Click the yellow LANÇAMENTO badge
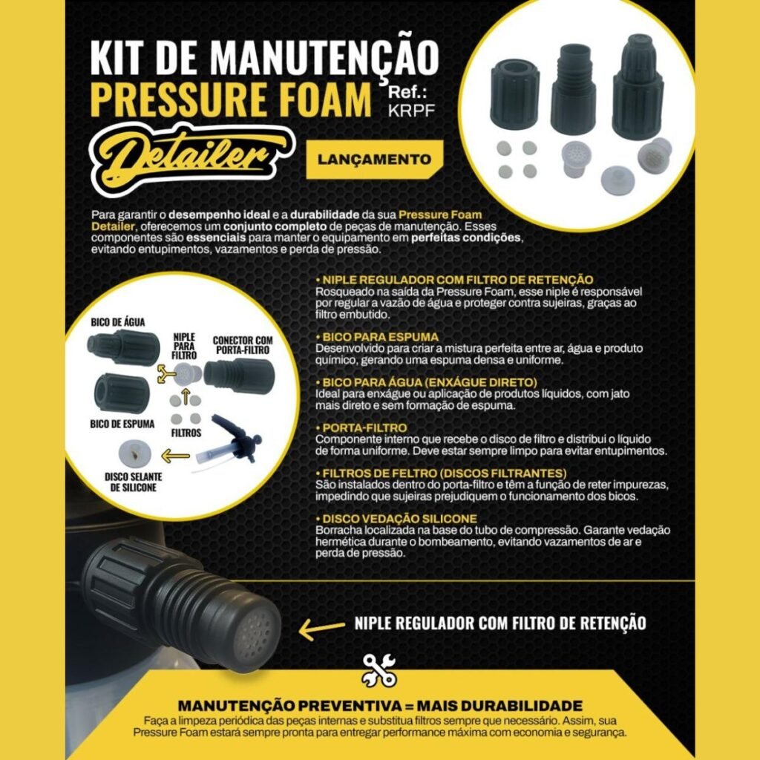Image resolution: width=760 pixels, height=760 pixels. point(375,159)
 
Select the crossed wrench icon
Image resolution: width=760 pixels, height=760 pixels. point(379,670)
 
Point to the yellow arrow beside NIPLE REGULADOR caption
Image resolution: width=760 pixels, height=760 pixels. point(322,628)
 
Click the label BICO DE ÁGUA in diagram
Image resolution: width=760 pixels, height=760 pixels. point(118,322)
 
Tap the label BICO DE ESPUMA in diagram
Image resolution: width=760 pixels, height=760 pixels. point(122,424)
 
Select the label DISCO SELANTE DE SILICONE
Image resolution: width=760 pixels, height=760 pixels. point(134,482)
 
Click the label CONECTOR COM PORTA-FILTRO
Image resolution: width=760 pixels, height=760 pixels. point(243,345)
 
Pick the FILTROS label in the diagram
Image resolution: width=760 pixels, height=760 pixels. point(186,433)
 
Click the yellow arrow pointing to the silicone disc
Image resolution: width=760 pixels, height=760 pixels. point(175,456)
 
